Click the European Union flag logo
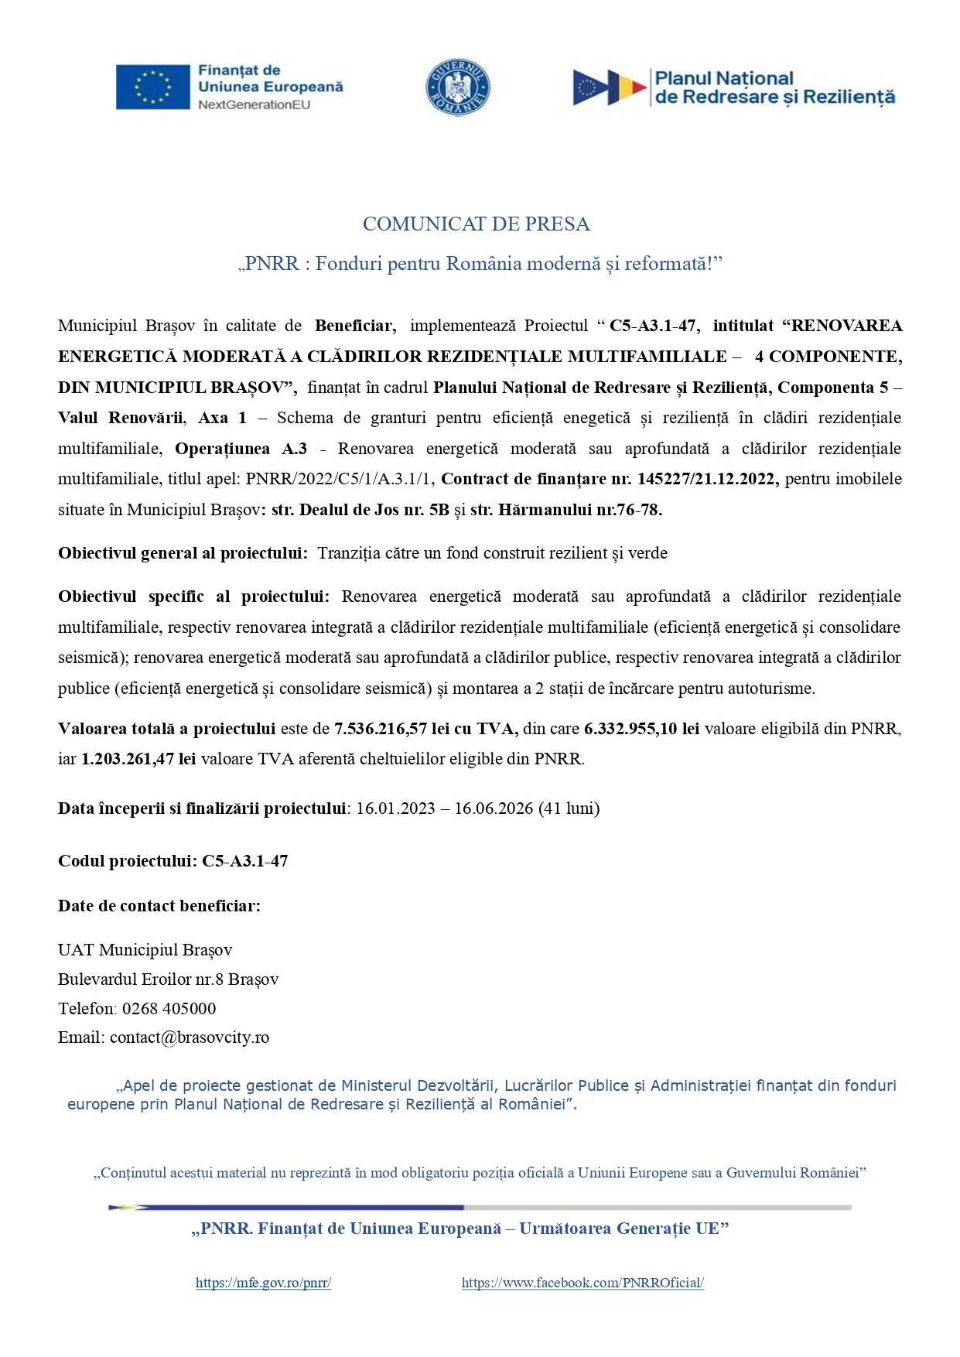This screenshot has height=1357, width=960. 152,87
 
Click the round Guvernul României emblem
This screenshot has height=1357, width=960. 458,87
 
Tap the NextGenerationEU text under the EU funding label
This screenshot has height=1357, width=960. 254,104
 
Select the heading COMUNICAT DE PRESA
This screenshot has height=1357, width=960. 477,224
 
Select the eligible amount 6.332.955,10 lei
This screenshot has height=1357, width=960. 641,729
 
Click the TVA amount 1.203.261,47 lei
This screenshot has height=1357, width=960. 138,759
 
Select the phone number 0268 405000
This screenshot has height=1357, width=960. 169,1009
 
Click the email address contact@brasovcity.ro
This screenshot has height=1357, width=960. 190,1037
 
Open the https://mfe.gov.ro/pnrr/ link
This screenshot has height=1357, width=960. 263,1283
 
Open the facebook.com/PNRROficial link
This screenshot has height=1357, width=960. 582,1283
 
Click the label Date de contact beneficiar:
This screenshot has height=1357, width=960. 159,906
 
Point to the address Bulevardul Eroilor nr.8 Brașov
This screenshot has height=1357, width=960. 168,979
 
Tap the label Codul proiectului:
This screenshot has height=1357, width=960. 127,861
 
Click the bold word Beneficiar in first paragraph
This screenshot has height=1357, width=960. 355,326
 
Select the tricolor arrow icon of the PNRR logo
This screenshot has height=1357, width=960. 610,87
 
